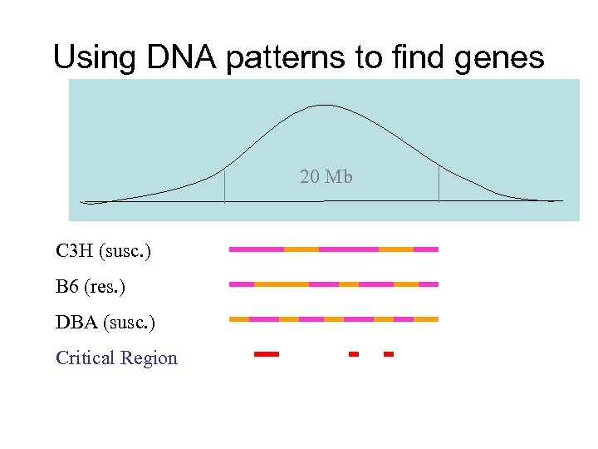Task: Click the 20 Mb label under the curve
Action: point(326,176)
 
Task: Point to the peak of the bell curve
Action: point(323,106)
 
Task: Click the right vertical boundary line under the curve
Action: point(439,185)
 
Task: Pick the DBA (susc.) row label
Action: point(105,322)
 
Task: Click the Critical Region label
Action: point(116,358)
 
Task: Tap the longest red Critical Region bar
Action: point(267,354)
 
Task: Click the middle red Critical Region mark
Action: point(353,354)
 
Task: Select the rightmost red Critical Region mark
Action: point(388,354)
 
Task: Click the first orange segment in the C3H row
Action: point(301,249)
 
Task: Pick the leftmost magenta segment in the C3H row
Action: point(257,249)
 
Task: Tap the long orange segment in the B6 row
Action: point(282,284)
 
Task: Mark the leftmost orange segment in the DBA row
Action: point(238,319)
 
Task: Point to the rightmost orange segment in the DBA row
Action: point(426,319)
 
